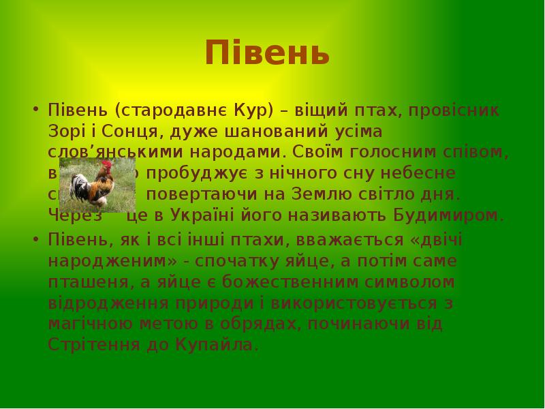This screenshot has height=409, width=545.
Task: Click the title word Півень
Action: click(x=267, y=53)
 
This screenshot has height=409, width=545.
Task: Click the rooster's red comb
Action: click(x=108, y=166)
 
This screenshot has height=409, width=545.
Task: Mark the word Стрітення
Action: click(x=93, y=344)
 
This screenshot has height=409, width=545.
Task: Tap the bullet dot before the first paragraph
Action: click(x=35, y=110)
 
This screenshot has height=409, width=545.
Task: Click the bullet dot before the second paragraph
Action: click(x=35, y=239)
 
